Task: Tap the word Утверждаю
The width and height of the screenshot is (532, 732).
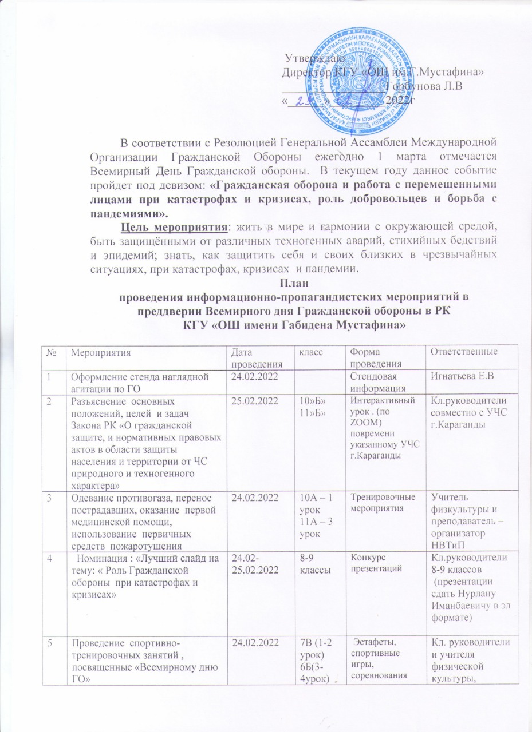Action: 314,58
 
